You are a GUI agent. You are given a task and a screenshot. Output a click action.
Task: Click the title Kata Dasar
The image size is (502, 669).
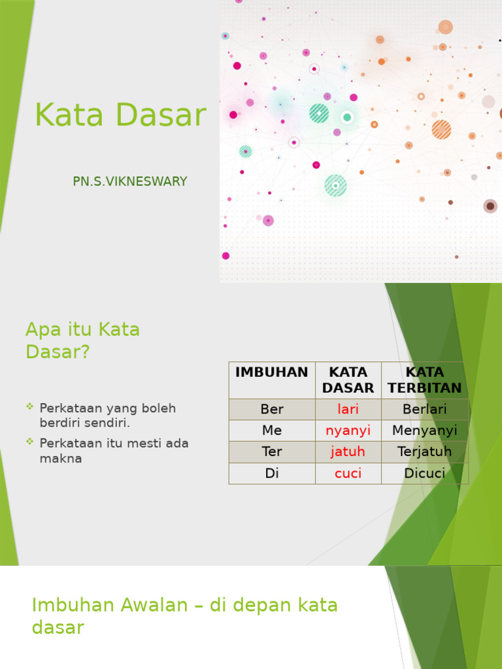[120, 116]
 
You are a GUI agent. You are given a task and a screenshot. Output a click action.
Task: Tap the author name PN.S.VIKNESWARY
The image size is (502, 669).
[130, 182]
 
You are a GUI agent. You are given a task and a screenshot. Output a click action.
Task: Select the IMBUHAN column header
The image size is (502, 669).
[271, 372]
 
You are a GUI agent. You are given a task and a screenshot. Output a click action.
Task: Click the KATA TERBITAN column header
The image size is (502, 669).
[424, 380]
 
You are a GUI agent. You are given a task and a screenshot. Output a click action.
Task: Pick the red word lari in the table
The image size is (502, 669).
[348, 410]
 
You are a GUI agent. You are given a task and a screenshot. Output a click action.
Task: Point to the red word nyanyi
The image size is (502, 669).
[348, 431]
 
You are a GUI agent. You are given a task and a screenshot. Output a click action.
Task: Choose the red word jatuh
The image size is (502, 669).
[348, 451]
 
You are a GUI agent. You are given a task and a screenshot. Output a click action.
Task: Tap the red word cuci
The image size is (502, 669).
[348, 473]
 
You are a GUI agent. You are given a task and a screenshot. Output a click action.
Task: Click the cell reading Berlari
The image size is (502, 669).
[424, 410]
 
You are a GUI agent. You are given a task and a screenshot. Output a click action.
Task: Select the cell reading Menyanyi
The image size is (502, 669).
[424, 431]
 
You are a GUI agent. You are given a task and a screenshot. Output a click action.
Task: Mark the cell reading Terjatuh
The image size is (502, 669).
[424, 451]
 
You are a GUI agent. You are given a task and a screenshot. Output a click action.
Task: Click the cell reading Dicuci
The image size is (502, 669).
[424, 473]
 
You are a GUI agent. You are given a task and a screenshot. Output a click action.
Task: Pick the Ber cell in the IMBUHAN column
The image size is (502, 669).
[272, 410]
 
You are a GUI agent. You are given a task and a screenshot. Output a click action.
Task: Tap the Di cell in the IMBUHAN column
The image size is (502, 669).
[272, 473]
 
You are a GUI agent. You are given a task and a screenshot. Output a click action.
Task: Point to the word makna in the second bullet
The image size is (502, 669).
[61, 459]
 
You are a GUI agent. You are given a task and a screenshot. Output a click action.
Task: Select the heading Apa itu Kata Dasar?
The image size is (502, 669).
[82, 340]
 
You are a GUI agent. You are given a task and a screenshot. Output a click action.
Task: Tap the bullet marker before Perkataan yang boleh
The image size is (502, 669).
[29, 407]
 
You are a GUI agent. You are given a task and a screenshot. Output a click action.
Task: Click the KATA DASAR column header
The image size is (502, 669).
[348, 380]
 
